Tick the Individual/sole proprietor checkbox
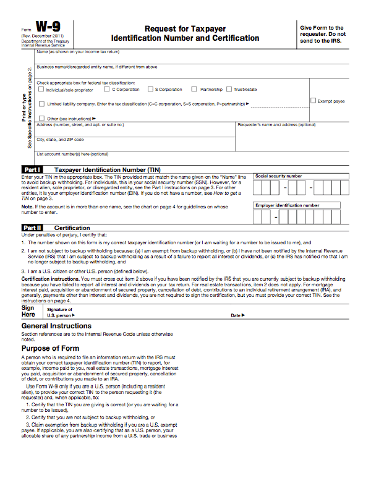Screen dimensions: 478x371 [x=41, y=90]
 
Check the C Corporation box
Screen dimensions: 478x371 [x=107, y=89]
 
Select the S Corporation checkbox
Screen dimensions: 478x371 [x=150, y=89]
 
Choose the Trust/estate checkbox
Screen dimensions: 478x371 [x=229, y=89]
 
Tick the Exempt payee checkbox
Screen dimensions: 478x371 [x=313, y=101]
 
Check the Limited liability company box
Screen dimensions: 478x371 [x=41, y=104]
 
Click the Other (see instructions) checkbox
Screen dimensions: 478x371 [x=41, y=118]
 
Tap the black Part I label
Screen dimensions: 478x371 [x=32, y=169]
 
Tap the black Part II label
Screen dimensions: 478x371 [x=32, y=228]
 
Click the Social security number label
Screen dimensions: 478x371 [x=279, y=176]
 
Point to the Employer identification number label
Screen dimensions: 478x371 [x=288, y=205]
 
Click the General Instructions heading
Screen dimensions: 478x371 [x=56, y=326]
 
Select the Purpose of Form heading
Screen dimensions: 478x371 [x=49, y=349]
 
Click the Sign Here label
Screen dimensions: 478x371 [x=28, y=311]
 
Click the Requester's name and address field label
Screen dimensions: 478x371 [x=276, y=125]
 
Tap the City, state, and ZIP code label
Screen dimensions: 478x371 [x=60, y=139]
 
